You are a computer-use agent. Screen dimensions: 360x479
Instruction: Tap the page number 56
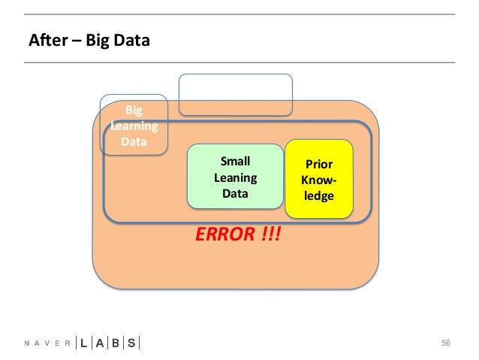click(446, 343)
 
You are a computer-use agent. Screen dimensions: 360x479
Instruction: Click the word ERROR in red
click(224, 234)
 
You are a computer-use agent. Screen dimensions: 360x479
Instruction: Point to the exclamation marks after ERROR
click(272, 234)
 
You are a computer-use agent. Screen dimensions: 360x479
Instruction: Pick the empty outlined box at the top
click(235, 95)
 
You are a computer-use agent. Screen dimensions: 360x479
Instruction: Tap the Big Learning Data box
click(134, 126)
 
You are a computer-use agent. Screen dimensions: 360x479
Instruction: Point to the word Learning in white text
click(134, 126)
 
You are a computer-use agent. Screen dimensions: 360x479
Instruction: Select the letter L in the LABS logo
click(83, 343)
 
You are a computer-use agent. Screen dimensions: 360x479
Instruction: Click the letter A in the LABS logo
click(99, 343)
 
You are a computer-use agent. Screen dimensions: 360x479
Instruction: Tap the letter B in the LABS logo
click(116, 343)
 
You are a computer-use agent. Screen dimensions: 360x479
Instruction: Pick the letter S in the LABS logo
click(132, 343)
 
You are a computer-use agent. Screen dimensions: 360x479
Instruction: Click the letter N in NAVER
click(27, 343)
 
